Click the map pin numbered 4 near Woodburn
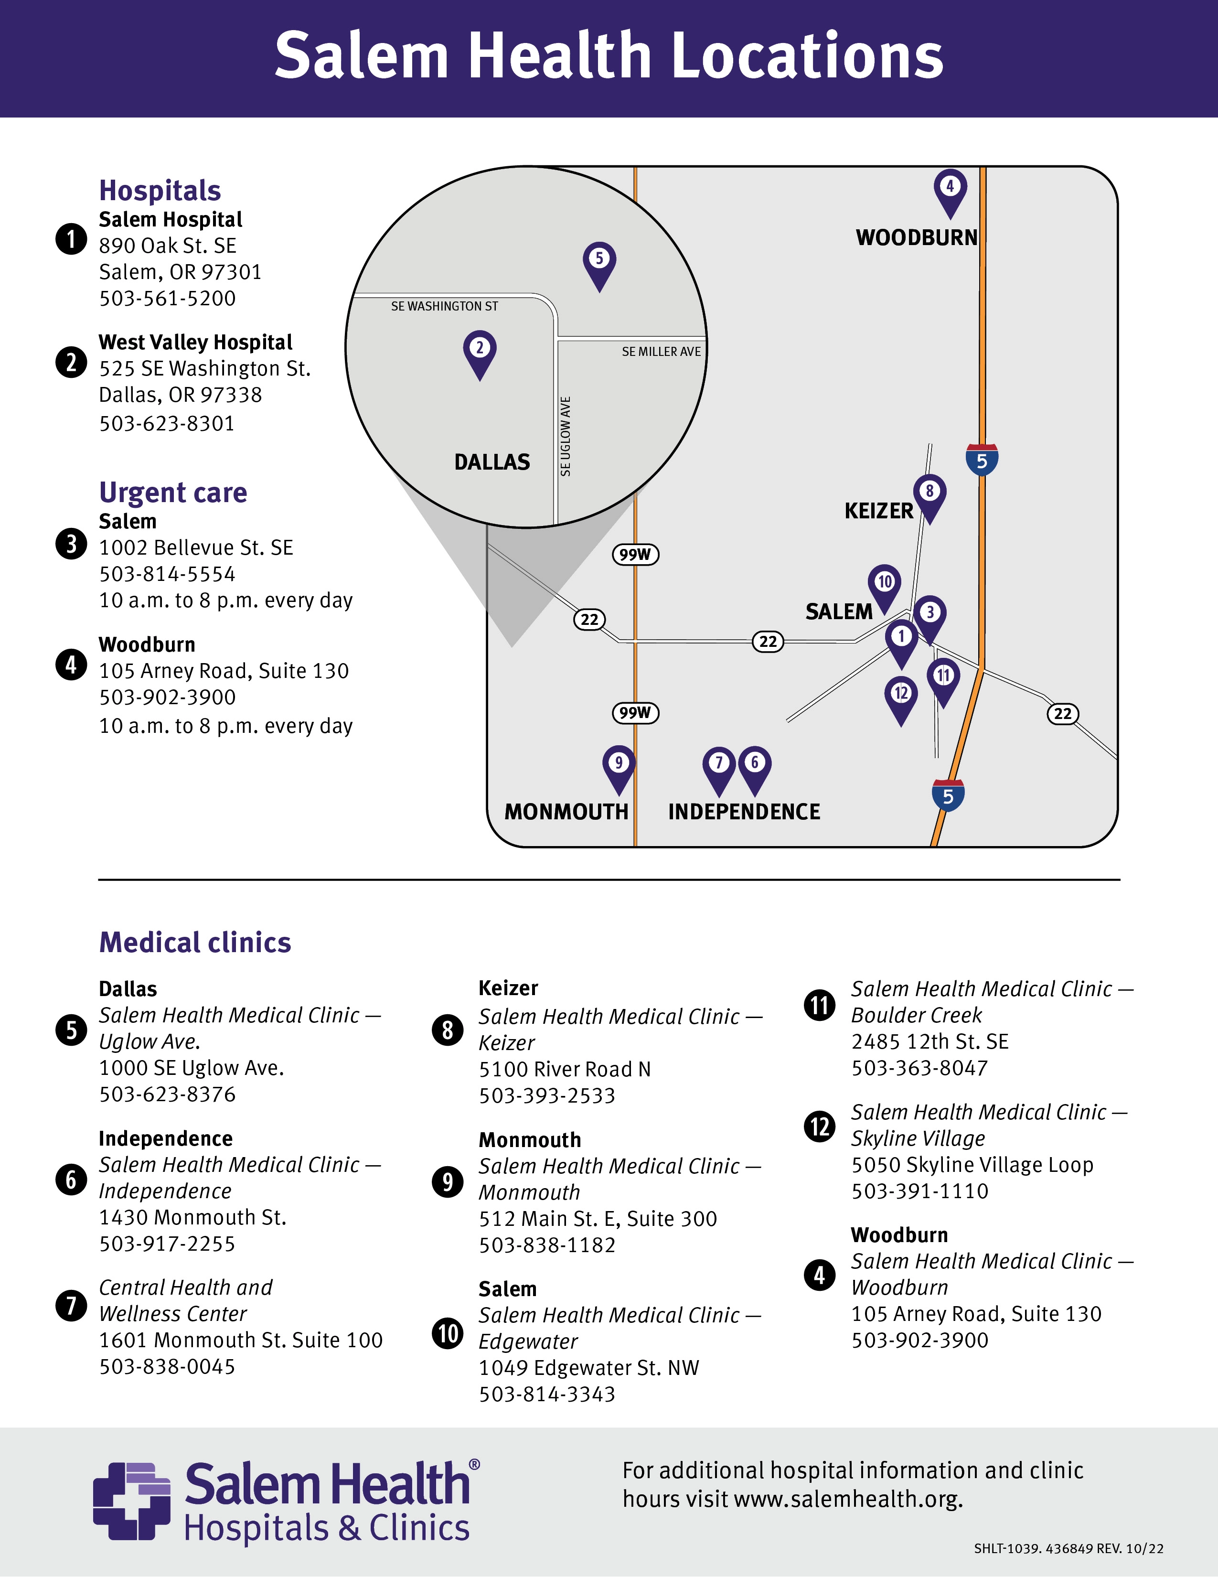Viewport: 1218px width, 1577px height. click(950, 189)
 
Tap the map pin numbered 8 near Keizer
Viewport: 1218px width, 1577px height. click(929, 494)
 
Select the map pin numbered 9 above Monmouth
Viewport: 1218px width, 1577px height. click(618, 765)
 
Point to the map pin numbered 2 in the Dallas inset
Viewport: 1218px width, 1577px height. click(480, 351)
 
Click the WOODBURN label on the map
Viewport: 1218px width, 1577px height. click(916, 237)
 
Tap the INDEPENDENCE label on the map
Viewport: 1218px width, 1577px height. click(744, 812)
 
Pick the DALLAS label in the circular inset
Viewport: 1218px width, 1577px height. click(491, 462)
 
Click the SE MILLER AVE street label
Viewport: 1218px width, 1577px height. click(661, 352)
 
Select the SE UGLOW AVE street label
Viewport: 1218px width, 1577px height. click(566, 436)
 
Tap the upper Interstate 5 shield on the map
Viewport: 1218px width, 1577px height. click(982, 460)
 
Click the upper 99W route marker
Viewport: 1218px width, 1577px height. click(635, 555)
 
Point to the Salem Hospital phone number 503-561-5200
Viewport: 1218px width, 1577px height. click(168, 298)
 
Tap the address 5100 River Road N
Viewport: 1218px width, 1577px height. click(565, 1069)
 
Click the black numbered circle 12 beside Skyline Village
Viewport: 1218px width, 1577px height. click(820, 1126)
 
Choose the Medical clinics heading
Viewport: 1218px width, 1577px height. click(195, 942)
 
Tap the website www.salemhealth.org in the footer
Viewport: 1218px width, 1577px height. click(848, 1500)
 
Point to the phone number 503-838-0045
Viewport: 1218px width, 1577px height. click(168, 1366)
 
